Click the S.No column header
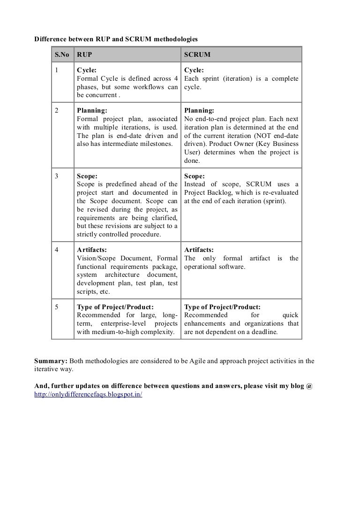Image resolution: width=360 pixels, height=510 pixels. pyautogui.click(x=61, y=54)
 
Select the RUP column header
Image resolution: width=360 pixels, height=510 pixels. pyautogui.click(x=84, y=54)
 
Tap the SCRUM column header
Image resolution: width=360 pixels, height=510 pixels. pyautogui.click(x=197, y=54)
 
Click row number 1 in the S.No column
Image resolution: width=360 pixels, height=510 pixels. pyautogui.click(x=57, y=70)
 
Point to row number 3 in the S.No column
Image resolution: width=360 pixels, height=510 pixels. pyautogui.click(x=57, y=176)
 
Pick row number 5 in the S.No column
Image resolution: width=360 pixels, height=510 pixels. pyautogui.click(x=57, y=307)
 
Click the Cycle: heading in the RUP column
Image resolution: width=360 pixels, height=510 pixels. pyautogui.click(x=87, y=70)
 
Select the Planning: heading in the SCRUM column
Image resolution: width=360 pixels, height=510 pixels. pyautogui.click(x=199, y=111)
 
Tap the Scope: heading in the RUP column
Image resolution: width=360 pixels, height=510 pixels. pyautogui.click(x=87, y=176)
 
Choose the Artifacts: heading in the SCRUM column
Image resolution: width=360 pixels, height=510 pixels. pyautogui.click(x=199, y=250)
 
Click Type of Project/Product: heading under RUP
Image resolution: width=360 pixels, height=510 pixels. pyautogui.click(x=115, y=307)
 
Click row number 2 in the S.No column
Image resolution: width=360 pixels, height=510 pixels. pyautogui.click(x=57, y=111)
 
